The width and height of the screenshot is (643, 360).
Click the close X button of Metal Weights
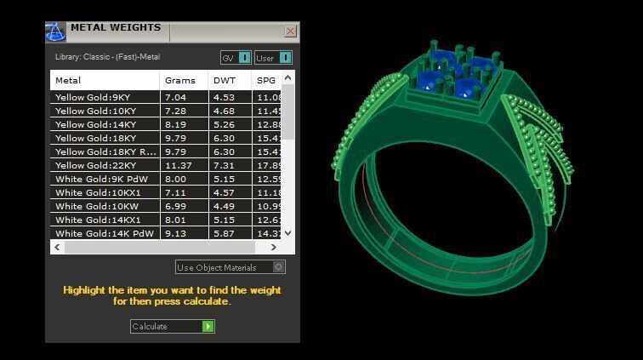[290, 31]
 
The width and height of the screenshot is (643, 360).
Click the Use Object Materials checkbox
[279, 267]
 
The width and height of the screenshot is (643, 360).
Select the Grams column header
[180, 81]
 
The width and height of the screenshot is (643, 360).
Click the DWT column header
[225, 81]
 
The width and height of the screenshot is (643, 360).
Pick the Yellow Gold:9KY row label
[93, 98]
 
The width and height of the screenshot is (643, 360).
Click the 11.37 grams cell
[179, 166]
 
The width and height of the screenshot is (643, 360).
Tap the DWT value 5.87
[225, 234]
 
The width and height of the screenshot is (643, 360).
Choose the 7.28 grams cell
[176, 111]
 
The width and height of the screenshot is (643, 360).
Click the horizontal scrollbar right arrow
[273, 247]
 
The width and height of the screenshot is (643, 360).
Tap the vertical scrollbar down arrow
[287, 232]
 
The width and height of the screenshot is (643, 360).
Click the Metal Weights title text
[115, 27]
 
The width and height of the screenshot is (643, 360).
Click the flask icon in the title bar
[55, 31]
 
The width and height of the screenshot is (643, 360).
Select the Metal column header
[68, 81]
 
